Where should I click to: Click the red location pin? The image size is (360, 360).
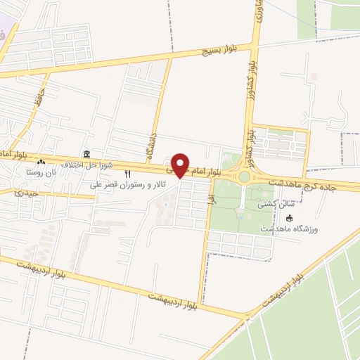coord(181,165)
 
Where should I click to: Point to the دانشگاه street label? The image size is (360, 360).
coord(150,144)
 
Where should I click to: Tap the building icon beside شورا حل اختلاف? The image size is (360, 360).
coord(86,154)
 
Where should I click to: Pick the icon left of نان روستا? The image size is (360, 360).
coord(41,163)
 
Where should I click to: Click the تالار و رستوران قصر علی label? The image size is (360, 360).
coord(124,185)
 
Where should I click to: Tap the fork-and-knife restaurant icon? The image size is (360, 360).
coord(127,174)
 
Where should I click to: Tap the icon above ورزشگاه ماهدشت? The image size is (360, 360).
coord(290,217)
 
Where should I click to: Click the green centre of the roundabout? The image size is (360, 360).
coord(245,177)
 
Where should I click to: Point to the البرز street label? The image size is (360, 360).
coord(209,201)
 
